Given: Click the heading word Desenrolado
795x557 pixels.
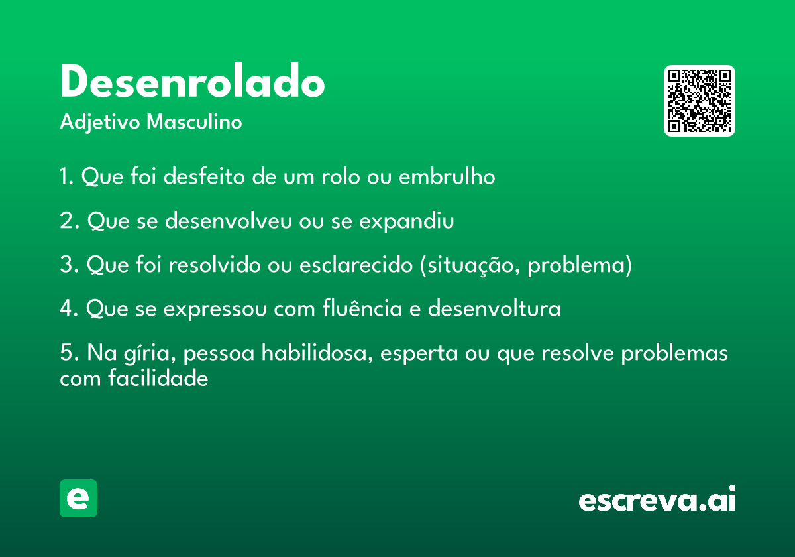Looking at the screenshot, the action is point(192,81).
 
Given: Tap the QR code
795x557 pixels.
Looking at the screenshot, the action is point(699,101).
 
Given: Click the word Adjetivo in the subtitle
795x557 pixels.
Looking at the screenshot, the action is point(100,123).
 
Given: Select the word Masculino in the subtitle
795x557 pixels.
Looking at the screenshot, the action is point(194,121).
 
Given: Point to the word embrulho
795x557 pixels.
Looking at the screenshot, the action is point(447,176).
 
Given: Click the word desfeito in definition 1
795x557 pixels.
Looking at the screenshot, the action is point(204,176).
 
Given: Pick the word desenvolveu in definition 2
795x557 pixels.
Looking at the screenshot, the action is point(228,220).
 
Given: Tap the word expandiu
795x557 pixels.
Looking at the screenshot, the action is point(406,221).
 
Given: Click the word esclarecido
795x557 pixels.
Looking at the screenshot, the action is point(356,265).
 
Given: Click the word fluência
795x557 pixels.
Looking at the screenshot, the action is point(362,308).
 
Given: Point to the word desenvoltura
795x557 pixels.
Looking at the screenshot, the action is point(494,308).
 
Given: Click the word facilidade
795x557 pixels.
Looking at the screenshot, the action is point(158,377).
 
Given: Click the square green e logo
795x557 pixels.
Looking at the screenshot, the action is point(78,498).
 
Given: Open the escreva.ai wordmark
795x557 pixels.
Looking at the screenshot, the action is point(657,499).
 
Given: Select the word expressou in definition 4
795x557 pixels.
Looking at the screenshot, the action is point(215,309).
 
